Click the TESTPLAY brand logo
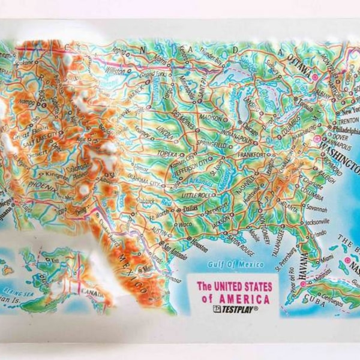pos(235,310)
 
